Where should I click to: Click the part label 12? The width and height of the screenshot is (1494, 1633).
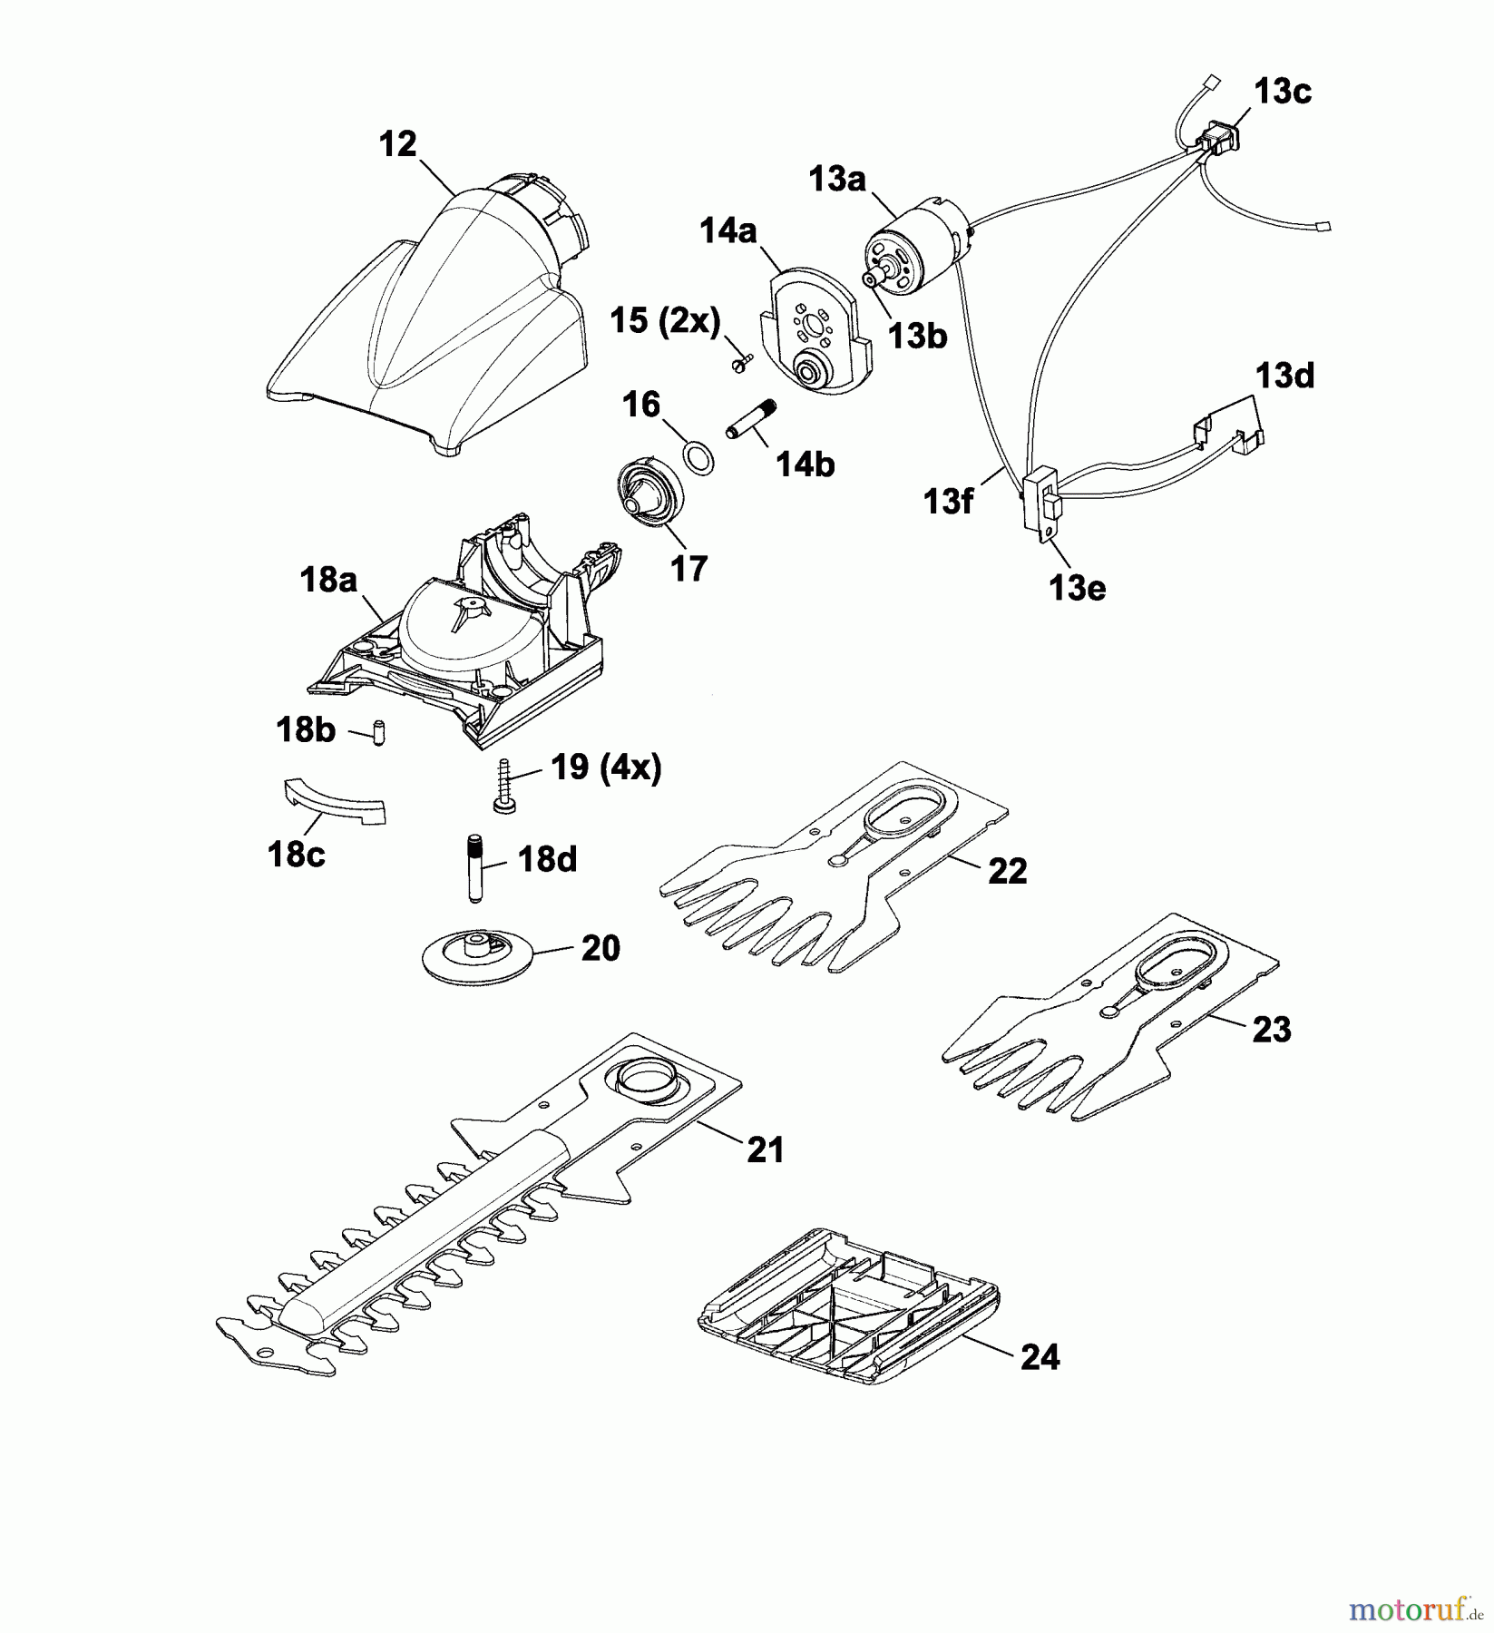[x=397, y=144]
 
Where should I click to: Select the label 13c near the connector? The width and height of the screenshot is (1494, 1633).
[x=1283, y=92]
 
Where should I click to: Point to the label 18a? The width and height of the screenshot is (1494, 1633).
[x=327, y=580]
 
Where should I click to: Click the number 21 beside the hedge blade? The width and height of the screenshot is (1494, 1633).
[x=764, y=1149]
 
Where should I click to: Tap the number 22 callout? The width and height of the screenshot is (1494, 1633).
[x=1007, y=871]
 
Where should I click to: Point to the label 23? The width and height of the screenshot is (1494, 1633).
[x=1271, y=1030]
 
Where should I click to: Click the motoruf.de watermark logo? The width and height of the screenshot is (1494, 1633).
[x=1411, y=1609]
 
